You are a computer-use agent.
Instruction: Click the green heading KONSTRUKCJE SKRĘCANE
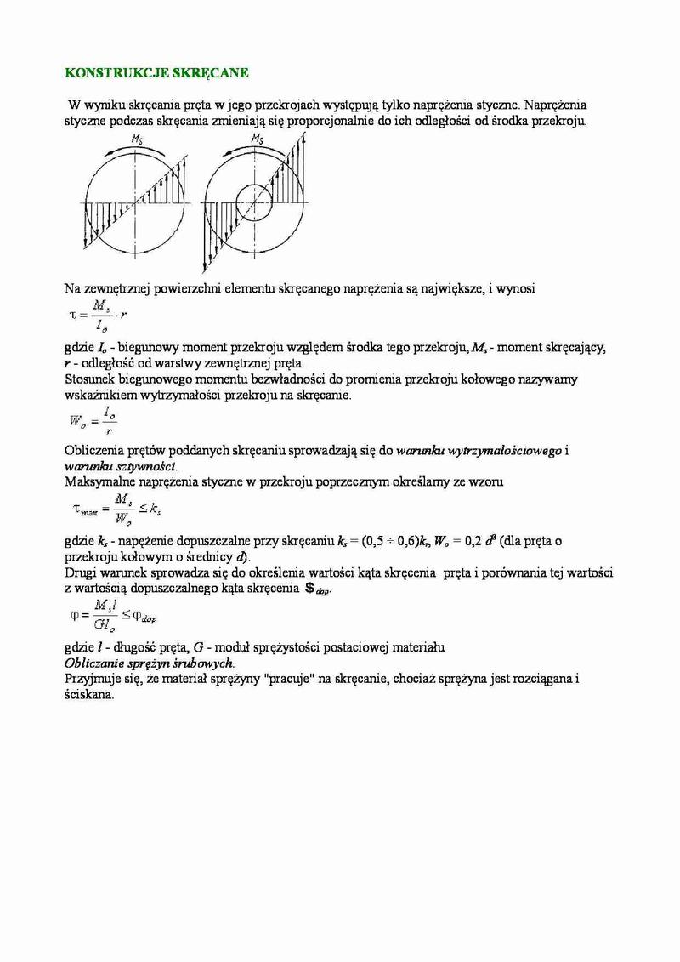[x=156, y=73]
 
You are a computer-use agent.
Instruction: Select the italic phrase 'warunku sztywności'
[x=120, y=467]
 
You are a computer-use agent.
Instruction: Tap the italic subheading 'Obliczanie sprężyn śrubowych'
[x=150, y=663]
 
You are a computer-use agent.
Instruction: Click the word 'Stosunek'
[x=91, y=380]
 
